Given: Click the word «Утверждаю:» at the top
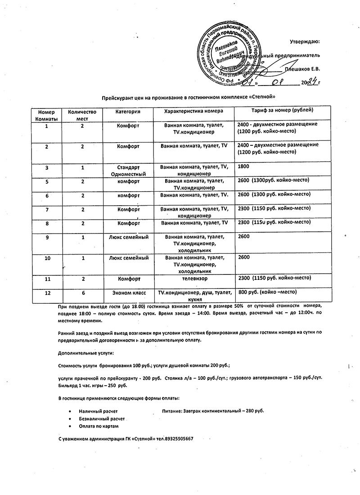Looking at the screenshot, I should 305,42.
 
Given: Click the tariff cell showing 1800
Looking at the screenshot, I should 243,166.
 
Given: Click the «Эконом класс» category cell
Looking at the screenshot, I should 128,293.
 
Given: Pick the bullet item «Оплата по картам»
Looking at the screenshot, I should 99,426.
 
